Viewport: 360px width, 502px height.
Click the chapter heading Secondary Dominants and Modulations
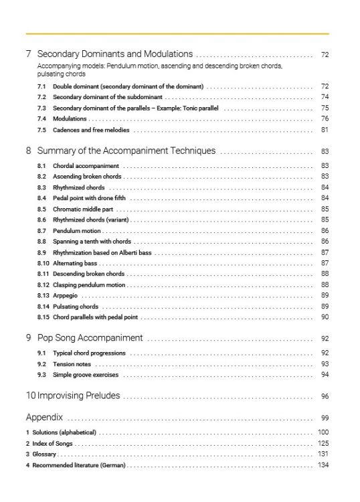[x=115, y=54]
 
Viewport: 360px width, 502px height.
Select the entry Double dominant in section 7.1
[x=128, y=87]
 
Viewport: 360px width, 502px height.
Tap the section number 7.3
[x=41, y=108]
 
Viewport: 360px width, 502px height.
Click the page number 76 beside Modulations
[x=325, y=118]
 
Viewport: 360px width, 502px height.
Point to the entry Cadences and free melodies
[x=91, y=130]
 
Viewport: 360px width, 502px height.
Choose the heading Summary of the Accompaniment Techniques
[x=126, y=151]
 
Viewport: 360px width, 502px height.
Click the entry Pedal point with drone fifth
[x=89, y=198]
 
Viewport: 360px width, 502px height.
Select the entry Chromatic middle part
[x=85, y=209]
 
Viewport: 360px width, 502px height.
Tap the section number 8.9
[x=41, y=252]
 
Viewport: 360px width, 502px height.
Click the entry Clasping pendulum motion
[x=89, y=285]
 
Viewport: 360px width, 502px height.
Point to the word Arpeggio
[x=66, y=296]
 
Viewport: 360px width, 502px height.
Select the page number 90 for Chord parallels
[x=325, y=317]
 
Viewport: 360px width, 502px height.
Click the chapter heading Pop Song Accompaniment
[x=90, y=338]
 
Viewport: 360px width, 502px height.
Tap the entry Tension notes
[x=72, y=364]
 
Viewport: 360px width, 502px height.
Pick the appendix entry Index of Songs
[x=52, y=444]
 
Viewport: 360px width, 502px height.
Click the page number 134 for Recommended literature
[x=324, y=465]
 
